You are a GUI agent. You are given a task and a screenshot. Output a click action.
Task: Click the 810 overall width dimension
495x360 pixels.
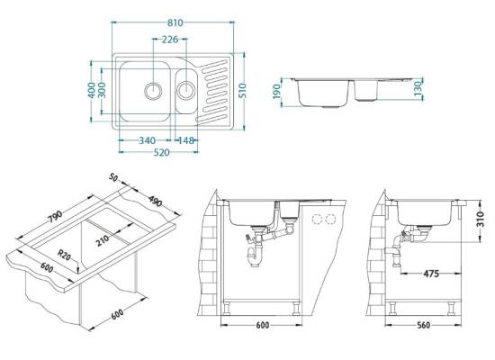click(175, 22)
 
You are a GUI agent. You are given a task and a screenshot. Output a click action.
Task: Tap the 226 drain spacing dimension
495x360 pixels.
click(170, 40)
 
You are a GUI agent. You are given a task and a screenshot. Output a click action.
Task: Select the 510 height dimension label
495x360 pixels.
click(242, 91)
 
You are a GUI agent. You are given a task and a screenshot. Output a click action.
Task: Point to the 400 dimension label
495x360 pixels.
click(92, 90)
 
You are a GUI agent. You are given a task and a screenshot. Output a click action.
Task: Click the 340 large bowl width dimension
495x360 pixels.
click(147, 140)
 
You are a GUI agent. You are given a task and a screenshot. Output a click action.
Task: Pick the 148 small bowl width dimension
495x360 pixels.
click(185, 140)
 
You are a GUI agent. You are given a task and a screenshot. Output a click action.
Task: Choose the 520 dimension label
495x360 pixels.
click(161, 152)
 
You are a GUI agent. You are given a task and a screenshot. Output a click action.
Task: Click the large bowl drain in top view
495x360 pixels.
click(153, 91)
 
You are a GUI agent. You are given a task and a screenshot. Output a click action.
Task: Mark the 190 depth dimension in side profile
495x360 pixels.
click(277, 91)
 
